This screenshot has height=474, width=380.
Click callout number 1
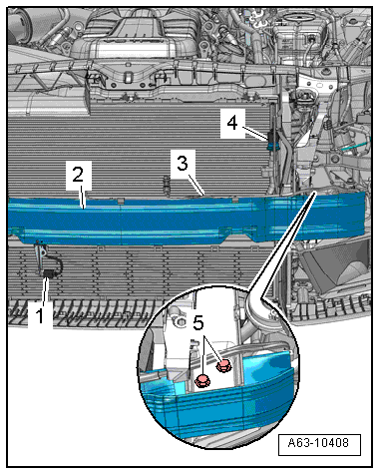pyautogui.click(x=40, y=315)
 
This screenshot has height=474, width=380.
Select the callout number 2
pyautogui.click(x=78, y=174)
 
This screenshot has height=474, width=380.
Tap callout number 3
pyautogui.click(x=183, y=163)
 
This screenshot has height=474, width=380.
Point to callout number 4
pyautogui.click(x=232, y=123)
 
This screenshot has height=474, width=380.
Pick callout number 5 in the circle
pyautogui.click(x=198, y=323)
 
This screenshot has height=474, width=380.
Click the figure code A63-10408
pyautogui.click(x=318, y=443)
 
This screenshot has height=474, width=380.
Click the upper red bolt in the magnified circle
pyautogui.click(x=223, y=366)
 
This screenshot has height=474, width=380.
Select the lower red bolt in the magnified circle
pyautogui.click(x=202, y=380)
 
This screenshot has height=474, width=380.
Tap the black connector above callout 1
pyautogui.click(x=50, y=273)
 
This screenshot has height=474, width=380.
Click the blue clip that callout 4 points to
pyautogui.click(x=272, y=146)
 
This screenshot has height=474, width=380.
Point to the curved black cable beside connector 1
pyautogui.click(x=57, y=264)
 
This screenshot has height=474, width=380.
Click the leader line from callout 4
pyautogui.click(x=255, y=133)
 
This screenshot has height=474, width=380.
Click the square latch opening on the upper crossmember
pyautogui.click(x=128, y=78)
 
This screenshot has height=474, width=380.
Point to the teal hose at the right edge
pyautogui.click(x=356, y=147)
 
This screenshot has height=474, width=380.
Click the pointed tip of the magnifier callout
pyautogui.click(x=314, y=193)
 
